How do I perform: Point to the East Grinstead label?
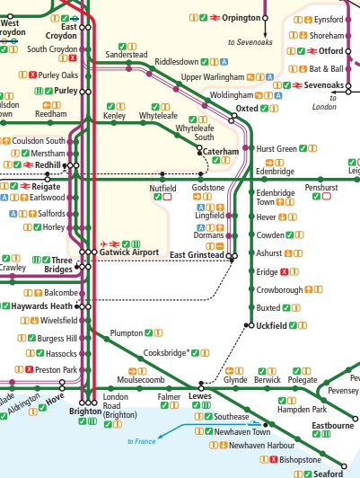(198, 256)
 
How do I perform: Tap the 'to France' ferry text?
(142, 441)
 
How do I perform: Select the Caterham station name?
(221, 152)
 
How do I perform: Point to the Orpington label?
(240, 17)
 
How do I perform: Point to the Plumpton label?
(126, 333)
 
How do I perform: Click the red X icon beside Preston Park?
(30, 369)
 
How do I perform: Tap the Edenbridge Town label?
(275, 198)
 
